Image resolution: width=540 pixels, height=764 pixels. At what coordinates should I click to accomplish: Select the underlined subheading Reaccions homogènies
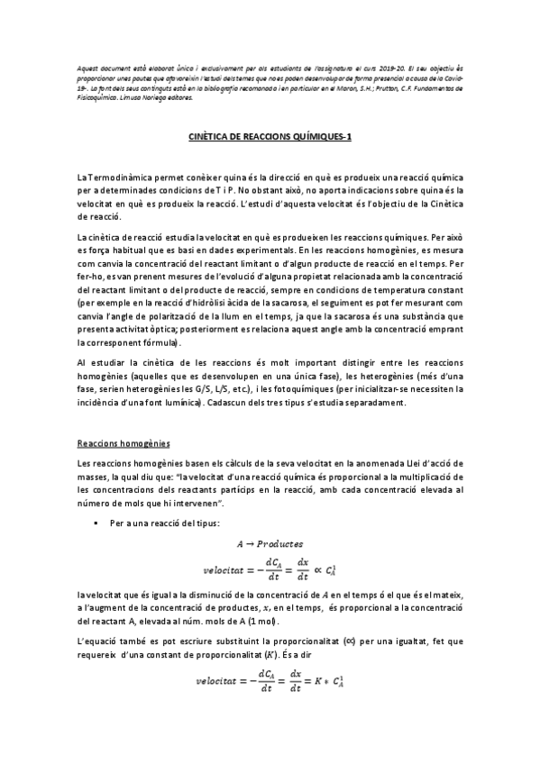pyautogui.click(x=114, y=444)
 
